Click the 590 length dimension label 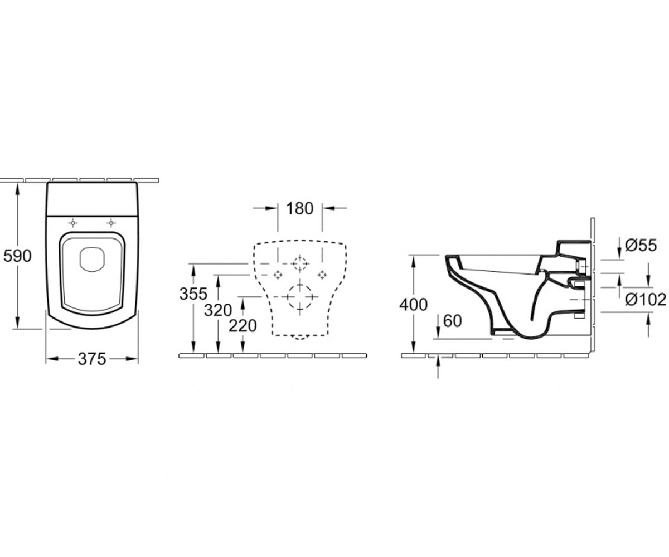(x=17, y=256)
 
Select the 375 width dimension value (x=92, y=359)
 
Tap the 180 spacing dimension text (x=299, y=209)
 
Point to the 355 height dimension (x=193, y=294)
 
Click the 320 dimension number (x=218, y=310)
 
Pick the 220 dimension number (x=243, y=326)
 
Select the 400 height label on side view (x=413, y=305)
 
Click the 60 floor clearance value (x=452, y=321)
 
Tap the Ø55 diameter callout (x=641, y=246)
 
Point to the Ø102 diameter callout (x=646, y=300)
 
